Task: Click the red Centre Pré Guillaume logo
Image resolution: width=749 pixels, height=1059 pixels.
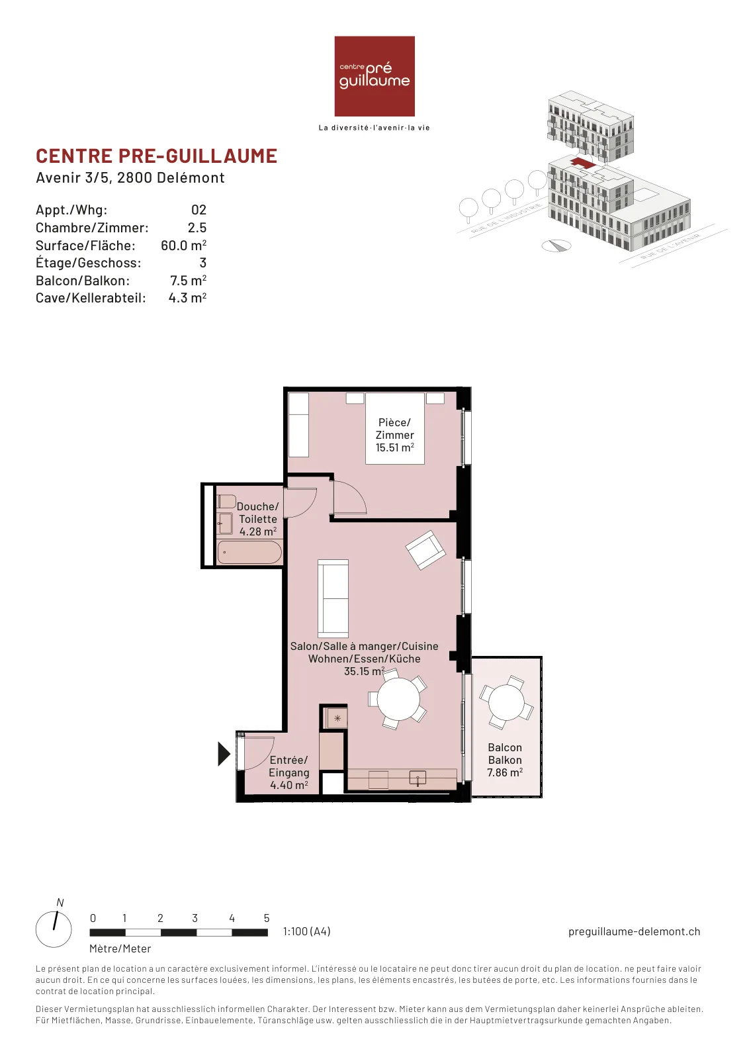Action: pyautogui.click(x=374, y=76)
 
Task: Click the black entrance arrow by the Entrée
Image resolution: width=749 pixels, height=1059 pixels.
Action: pyautogui.click(x=224, y=754)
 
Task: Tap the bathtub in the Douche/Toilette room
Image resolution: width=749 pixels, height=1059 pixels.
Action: pyautogui.click(x=249, y=552)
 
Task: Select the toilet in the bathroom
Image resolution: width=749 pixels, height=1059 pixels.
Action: pyautogui.click(x=227, y=502)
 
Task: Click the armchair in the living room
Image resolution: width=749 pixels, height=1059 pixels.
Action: pyautogui.click(x=425, y=550)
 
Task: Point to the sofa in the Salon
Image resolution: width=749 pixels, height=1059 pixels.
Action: pyautogui.click(x=333, y=598)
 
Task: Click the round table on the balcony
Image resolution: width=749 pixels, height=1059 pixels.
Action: pyautogui.click(x=506, y=702)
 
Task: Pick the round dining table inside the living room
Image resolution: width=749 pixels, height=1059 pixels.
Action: pyautogui.click(x=398, y=699)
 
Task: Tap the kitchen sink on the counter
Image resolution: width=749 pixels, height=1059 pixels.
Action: pyautogui.click(x=418, y=778)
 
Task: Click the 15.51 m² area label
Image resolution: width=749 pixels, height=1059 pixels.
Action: pyautogui.click(x=394, y=447)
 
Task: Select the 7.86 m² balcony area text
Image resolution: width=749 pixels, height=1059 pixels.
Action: pyautogui.click(x=505, y=772)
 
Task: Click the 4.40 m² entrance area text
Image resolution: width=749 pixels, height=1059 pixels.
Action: pyautogui.click(x=288, y=785)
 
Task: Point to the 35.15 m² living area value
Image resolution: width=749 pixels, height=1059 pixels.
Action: pyautogui.click(x=364, y=671)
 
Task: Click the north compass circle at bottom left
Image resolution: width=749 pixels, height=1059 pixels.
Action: pyautogui.click(x=54, y=929)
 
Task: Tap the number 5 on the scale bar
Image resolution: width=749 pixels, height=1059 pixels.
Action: pyautogui.click(x=267, y=918)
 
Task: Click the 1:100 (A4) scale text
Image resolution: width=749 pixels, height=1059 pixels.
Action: pyautogui.click(x=307, y=931)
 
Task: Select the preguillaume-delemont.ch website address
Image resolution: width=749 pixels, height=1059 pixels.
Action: pyautogui.click(x=634, y=931)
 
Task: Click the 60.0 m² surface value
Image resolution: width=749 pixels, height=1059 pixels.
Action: pyautogui.click(x=183, y=246)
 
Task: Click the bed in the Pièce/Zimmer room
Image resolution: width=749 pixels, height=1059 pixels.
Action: pyautogui.click(x=394, y=428)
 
